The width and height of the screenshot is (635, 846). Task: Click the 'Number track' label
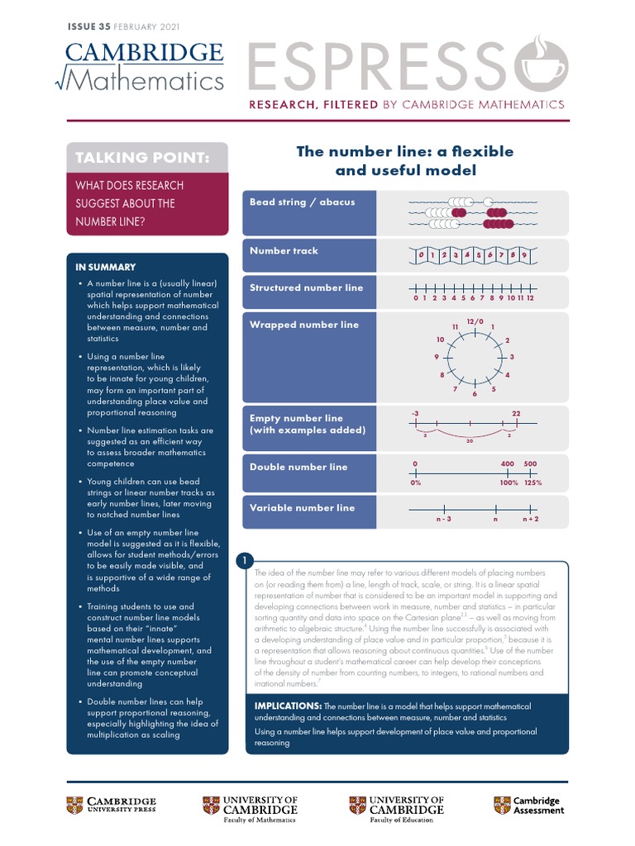pos(284,250)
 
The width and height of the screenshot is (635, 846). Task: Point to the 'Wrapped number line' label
pos(293,325)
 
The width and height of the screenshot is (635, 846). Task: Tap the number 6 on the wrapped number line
pos(475,393)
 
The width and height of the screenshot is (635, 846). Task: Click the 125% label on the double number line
pos(532,482)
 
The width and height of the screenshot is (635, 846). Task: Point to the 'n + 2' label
pos(530,520)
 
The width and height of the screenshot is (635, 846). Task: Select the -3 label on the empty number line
pos(414,412)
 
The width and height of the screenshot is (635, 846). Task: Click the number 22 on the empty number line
pos(516,412)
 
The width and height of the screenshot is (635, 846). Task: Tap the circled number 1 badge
pos(246,562)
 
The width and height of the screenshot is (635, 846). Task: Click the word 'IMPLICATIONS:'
pos(287,706)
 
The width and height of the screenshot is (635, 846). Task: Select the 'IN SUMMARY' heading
pos(105,267)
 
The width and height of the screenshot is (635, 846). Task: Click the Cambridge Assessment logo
pos(529,806)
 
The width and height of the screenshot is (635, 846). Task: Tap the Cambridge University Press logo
pos(111,806)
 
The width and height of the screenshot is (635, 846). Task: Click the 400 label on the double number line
pos(508,463)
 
